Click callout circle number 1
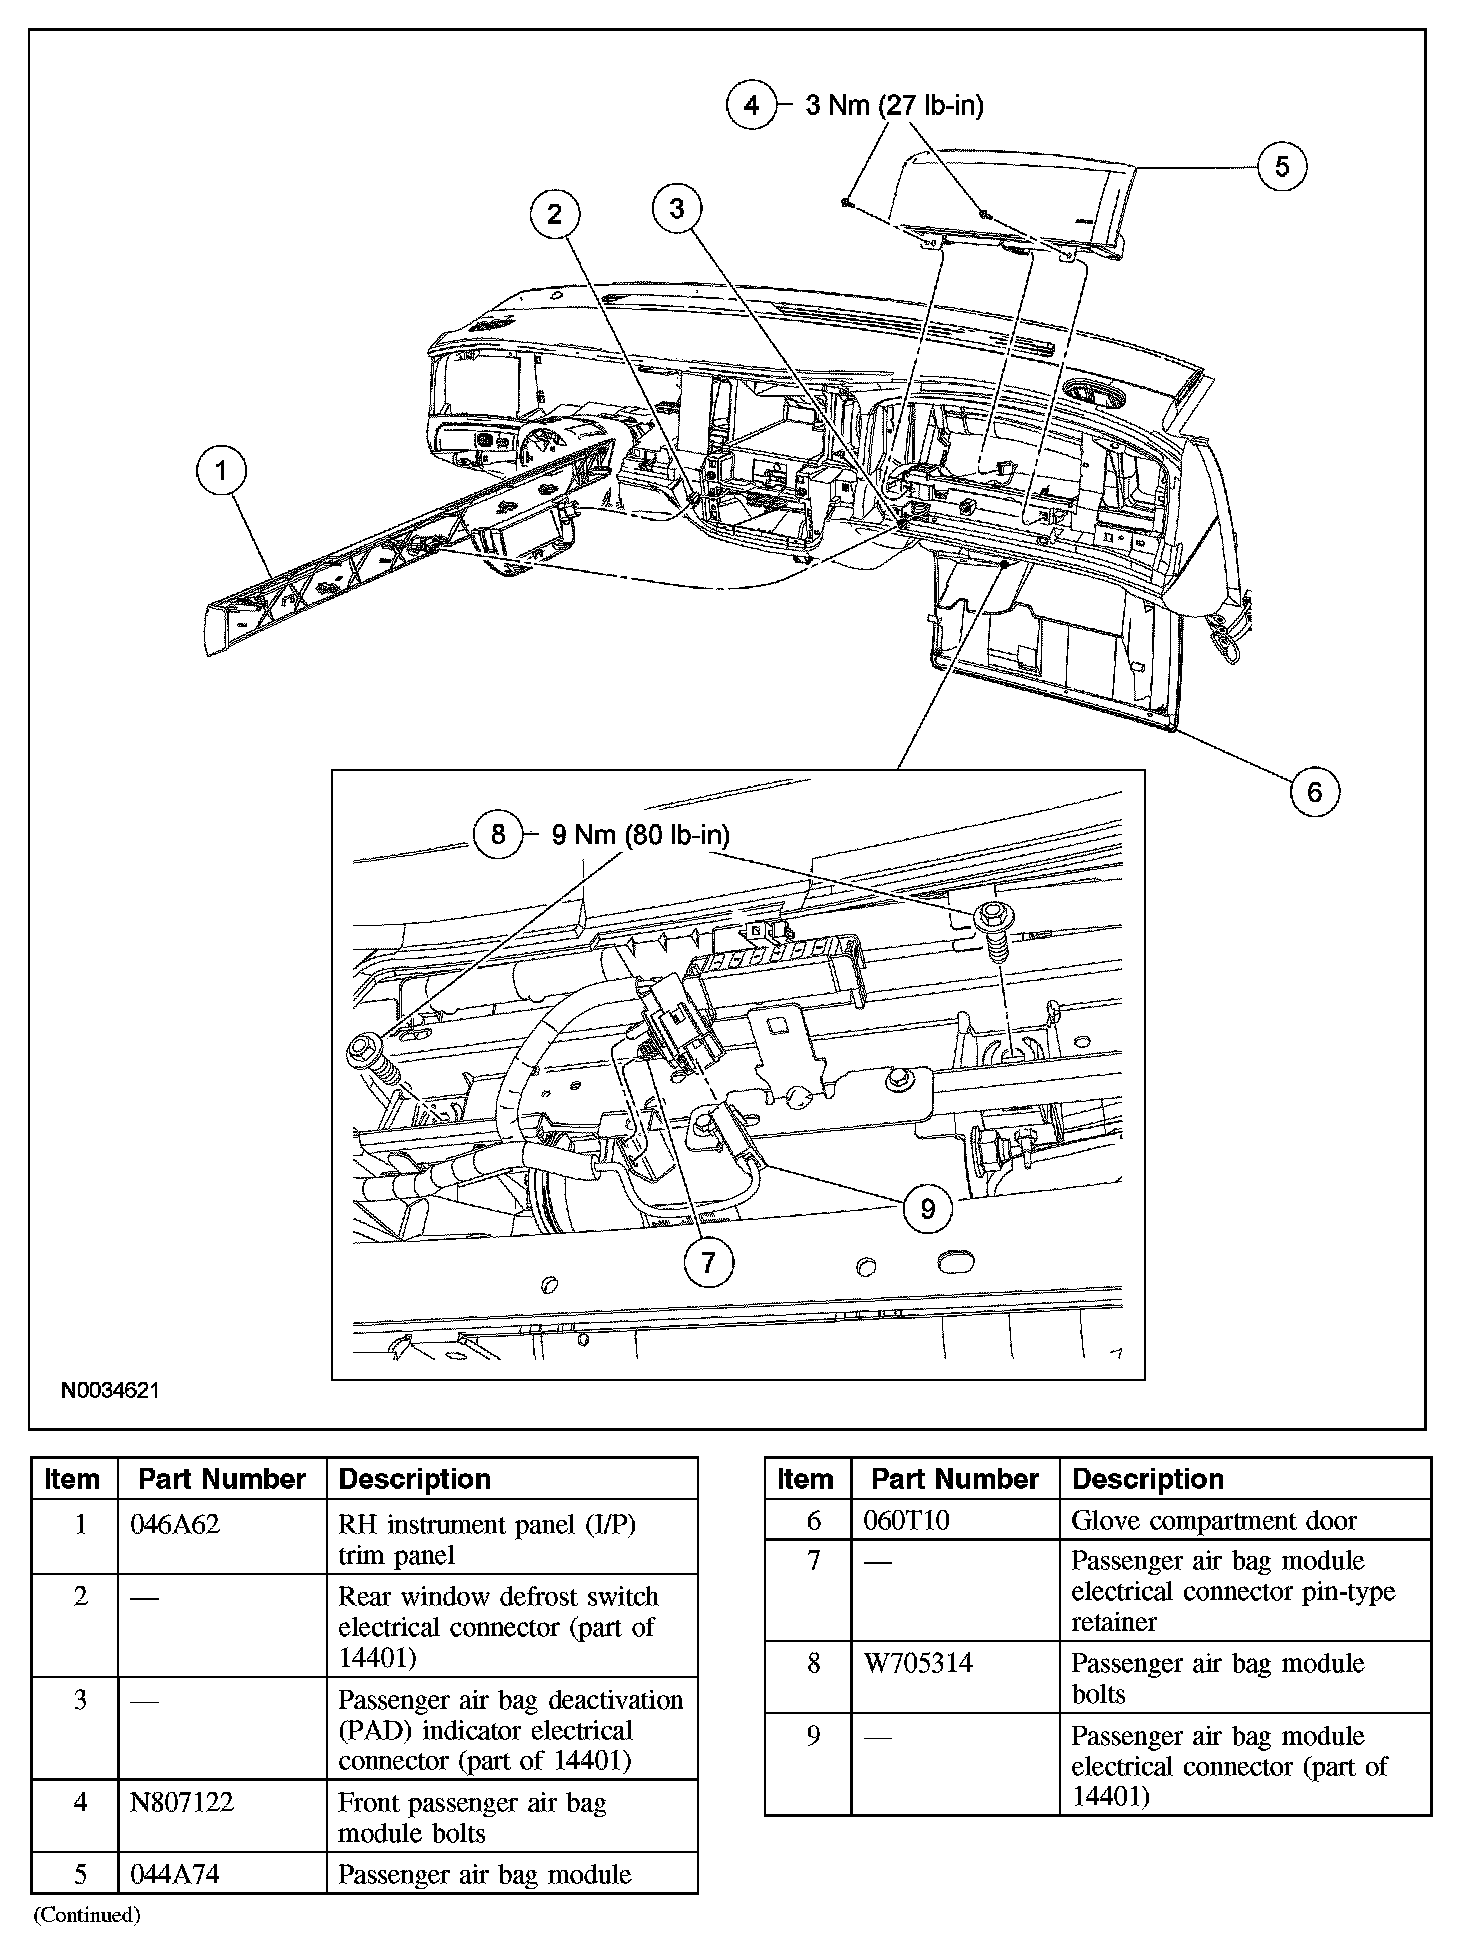(221, 471)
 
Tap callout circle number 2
(555, 214)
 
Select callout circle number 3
(677, 208)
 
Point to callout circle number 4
(752, 105)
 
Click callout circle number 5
(1282, 165)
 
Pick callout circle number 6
(1314, 792)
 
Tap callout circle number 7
(709, 1262)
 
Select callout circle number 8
(498, 834)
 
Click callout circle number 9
(927, 1209)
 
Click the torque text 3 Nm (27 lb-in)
(894, 105)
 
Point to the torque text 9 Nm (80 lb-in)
(640, 834)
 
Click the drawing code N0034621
(110, 1390)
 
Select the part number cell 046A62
(175, 1525)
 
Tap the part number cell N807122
(182, 1802)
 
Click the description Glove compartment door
(1213, 1521)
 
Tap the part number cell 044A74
(175, 1874)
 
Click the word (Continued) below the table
(87, 1915)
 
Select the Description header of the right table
(1147, 1479)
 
